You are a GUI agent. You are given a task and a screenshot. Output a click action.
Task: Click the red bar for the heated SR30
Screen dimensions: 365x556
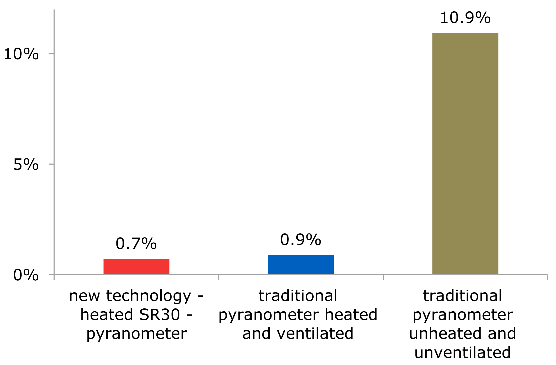pos(136,266)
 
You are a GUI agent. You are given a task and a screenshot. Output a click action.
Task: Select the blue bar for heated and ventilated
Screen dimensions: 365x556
pos(301,264)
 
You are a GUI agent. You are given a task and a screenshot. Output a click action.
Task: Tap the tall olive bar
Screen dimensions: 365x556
pos(465,154)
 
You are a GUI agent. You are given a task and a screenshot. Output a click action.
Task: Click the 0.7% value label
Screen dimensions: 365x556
pos(136,244)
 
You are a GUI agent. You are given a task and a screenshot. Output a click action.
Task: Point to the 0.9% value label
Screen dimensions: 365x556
pos(301,240)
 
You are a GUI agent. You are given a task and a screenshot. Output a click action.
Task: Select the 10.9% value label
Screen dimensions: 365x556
pos(465,18)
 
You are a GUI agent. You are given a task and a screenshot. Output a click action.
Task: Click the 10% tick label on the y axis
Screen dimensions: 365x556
pos(21,54)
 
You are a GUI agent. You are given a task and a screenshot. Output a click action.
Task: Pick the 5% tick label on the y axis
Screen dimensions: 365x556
pos(26,165)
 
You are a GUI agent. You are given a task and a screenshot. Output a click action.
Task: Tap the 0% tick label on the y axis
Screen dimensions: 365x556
pos(26,275)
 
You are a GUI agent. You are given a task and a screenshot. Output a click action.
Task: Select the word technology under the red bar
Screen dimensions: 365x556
pos(148,296)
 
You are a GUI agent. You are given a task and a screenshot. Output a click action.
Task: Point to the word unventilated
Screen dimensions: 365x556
pos(463,353)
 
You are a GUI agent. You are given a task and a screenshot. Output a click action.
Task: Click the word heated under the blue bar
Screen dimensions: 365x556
pos(351,315)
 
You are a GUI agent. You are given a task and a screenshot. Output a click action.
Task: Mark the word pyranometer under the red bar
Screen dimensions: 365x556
pos(137,334)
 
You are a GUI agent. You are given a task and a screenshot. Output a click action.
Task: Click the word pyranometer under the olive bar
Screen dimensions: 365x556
pos(463,315)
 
